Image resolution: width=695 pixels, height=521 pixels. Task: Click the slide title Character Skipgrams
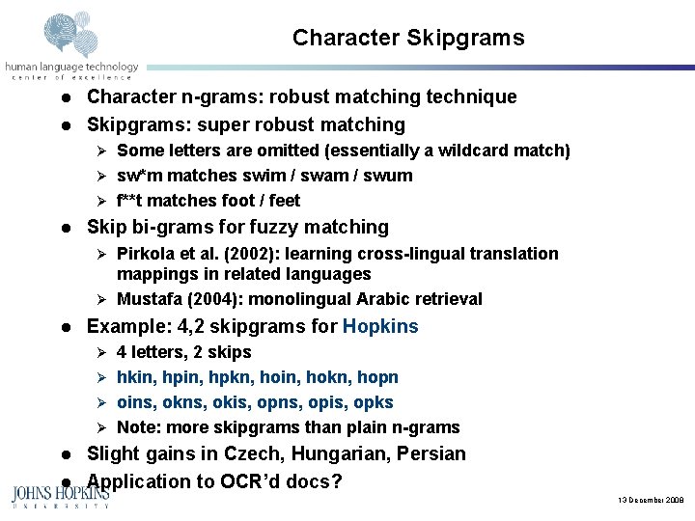(408, 38)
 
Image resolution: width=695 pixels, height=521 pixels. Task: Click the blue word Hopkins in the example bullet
(380, 326)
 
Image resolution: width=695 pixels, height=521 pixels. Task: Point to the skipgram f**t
(133, 201)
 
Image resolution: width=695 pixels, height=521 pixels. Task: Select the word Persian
(430, 453)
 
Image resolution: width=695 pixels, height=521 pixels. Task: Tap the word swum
(391, 176)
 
